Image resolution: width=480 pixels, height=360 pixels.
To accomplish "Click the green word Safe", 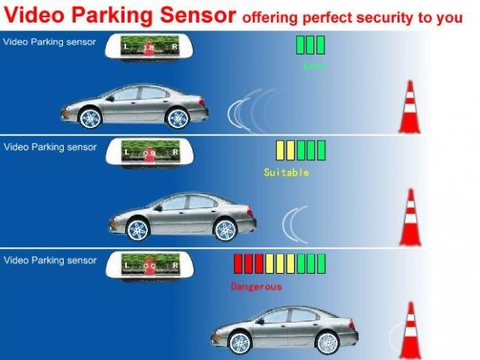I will point(314,66).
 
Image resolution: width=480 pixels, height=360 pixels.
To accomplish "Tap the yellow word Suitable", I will point(286,172).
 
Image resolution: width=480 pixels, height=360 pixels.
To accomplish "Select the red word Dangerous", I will point(256,286).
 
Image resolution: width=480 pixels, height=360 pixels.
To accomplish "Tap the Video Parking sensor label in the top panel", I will point(50,41).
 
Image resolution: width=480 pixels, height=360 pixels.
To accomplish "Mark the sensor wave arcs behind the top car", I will point(246,109).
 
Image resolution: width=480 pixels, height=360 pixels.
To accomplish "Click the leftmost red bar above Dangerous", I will point(239,263).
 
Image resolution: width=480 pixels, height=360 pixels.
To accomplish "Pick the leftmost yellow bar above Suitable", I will point(280,149).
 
